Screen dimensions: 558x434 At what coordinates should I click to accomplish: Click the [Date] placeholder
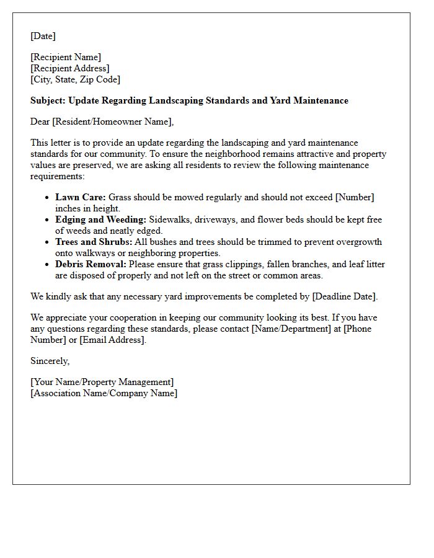pyautogui.click(x=43, y=36)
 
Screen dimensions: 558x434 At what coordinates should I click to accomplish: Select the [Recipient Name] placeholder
pyautogui.click(x=66, y=58)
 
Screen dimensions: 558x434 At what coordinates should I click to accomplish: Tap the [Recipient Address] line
pyautogui.click(x=69, y=68)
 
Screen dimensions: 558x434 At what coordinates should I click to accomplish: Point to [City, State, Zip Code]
pyautogui.click(x=75, y=79)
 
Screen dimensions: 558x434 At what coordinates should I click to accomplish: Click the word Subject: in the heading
pyautogui.click(x=48, y=100)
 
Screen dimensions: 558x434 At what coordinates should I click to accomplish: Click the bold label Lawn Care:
pyautogui.click(x=81, y=197)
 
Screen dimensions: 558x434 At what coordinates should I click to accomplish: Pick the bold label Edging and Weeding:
pyautogui.click(x=101, y=219)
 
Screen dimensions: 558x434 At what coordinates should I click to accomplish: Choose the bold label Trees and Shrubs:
pyautogui.click(x=94, y=242)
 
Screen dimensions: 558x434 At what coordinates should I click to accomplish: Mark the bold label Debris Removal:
pyautogui.click(x=91, y=264)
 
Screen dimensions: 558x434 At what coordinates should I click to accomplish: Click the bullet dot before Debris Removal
pyautogui.click(x=48, y=265)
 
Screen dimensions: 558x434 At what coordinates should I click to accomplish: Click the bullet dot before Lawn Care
pyautogui.click(x=48, y=198)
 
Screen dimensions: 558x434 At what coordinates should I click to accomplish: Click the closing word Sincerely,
pyautogui.click(x=50, y=361)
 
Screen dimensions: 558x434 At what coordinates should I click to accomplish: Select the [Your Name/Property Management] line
pyautogui.click(x=102, y=382)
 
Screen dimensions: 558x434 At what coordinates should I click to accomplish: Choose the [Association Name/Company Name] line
pyautogui.click(x=104, y=393)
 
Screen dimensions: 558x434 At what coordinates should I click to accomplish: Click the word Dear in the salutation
pyautogui.click(x=40, y=122)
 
